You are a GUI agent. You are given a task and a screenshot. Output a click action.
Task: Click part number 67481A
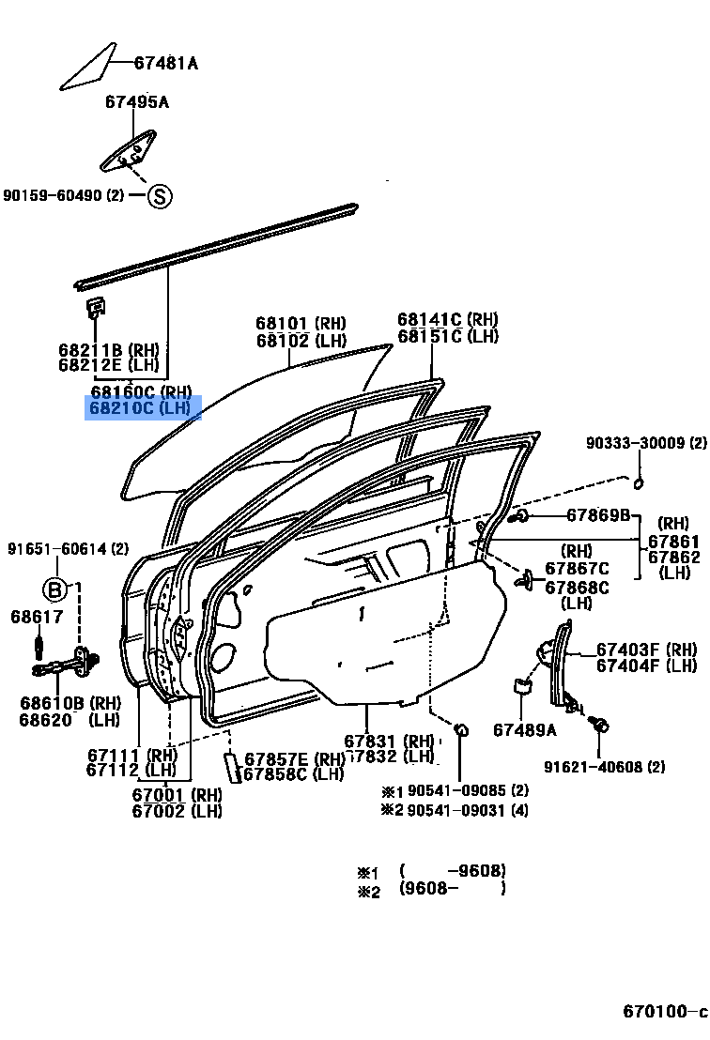[165, 64]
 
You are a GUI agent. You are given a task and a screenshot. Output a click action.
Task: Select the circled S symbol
[160, 196]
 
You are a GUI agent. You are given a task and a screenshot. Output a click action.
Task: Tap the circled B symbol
[56, 589]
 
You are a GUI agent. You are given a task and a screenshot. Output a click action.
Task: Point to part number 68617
[37, 617]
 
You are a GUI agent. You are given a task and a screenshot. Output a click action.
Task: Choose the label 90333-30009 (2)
[646, 443]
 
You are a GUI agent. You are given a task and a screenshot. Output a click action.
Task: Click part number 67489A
[525, 729]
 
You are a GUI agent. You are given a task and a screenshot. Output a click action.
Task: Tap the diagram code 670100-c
[664, 1012]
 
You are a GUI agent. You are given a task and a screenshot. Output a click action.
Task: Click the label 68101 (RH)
[301, 324]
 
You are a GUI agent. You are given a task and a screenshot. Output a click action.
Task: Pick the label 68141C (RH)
[447, 320]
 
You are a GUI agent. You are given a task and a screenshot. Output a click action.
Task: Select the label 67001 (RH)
[177, 794]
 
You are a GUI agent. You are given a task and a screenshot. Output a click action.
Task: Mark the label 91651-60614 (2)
[69, 548]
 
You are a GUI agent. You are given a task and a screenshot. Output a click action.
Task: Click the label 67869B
[598, 515]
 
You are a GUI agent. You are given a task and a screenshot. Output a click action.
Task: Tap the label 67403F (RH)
[646, 650]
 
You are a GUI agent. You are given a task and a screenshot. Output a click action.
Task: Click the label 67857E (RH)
[295, 758]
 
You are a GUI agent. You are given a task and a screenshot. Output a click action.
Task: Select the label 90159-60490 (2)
[63, 195]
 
